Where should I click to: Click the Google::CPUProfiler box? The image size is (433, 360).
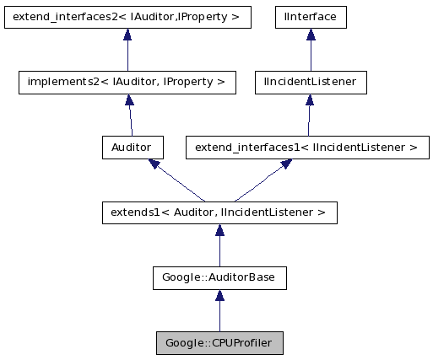[x=219, y=343]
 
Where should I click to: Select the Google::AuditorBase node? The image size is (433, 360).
[x=219, y=277]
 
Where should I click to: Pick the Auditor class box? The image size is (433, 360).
[x=128, y=148]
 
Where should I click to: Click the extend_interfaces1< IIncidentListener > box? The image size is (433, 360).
[x=306, y=148]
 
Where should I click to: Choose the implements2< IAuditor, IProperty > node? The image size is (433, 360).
[x=127, y=83]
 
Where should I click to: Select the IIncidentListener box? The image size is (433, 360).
[x=311, y=83]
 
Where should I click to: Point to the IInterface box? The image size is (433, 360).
[x=311, y=16]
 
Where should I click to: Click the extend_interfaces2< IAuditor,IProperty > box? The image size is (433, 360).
[x=127, y=16]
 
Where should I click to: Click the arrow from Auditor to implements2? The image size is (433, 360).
[x=128, y=116]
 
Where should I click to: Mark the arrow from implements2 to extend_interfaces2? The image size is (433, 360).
[x=127, y=50]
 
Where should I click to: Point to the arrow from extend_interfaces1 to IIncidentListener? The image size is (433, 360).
[x=309, y=116]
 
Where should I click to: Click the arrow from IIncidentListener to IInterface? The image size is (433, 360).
[x=311, y=50]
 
